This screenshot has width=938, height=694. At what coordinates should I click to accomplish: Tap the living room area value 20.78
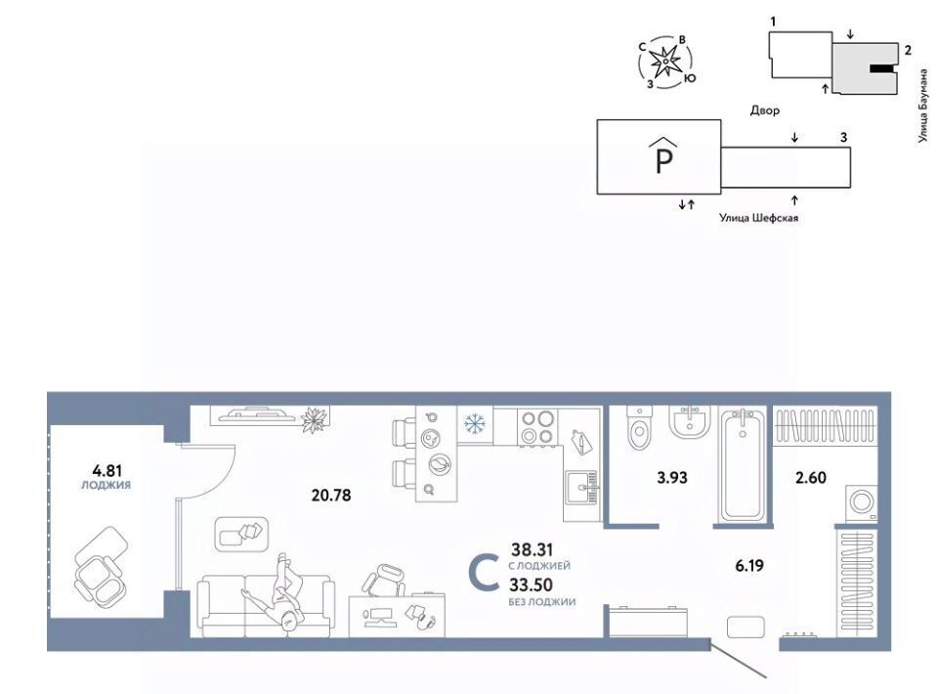(331, 496)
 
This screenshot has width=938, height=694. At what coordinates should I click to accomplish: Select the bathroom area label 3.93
(672, 477)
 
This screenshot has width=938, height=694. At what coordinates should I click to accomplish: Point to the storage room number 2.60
(811, 477)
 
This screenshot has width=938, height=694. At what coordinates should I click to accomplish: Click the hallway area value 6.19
(749, 565)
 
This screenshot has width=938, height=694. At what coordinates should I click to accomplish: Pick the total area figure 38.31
(532, 548)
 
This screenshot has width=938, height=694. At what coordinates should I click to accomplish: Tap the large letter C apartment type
(484, 573)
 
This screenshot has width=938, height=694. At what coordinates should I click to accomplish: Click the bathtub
(743, 465)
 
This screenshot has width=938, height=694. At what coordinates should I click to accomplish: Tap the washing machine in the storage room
(861, 502)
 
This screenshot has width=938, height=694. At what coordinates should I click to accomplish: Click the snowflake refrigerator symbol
(475, 424)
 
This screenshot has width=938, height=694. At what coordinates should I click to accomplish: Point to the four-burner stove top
(536, 426)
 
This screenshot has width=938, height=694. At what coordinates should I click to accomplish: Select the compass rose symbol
(665, 62)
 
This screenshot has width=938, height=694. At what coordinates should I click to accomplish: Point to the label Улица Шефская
(758, 218)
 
